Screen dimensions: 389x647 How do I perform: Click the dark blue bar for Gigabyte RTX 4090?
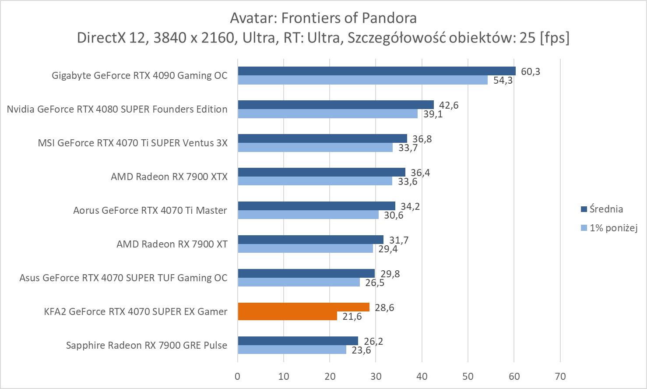[376, 71]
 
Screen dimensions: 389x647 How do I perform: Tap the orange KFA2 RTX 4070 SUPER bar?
[303, 307]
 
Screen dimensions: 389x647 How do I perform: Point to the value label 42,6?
[449, 105]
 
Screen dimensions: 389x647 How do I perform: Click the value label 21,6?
[352, 316]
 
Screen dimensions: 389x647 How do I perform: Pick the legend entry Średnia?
[606, 209]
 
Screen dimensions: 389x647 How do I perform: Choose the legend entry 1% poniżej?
[613, 228]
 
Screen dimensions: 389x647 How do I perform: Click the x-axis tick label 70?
[560, 376]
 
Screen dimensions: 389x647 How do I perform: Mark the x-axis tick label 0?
[238, 376]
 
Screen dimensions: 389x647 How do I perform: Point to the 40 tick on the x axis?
[422, 376]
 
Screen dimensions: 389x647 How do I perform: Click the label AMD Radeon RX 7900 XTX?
[169, 177]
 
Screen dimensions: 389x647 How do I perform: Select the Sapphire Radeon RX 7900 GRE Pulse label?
[147, 345]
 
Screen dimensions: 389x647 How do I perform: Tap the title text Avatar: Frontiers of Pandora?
[323, 18]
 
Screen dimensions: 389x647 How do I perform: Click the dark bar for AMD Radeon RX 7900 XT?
[310, 240]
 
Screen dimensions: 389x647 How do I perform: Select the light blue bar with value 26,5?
[299, 283]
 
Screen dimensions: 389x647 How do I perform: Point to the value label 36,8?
[422, 139]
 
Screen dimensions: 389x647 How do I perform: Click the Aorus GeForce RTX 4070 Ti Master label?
[150, 210]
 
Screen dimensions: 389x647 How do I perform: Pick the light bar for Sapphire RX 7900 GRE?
[292, 350]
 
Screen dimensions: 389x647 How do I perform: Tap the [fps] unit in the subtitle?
[555, 38]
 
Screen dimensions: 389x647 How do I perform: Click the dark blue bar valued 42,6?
[336, 105]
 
